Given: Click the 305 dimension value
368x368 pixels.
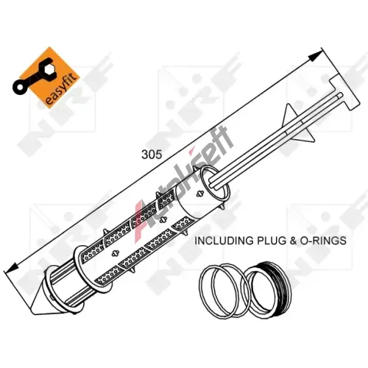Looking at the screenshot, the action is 152,155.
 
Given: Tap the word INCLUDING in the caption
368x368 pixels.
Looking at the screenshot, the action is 224,241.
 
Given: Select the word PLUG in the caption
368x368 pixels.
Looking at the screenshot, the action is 271,241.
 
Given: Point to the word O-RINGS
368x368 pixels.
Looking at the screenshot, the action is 323,241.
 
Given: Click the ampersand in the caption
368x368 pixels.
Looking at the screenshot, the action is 293,241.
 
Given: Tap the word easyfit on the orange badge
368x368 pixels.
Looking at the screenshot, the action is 63,90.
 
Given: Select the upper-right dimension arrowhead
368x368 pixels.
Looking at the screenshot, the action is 315,56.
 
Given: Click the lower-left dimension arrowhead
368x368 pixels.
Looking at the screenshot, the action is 11,266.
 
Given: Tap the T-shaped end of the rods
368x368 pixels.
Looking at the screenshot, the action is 346,93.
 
